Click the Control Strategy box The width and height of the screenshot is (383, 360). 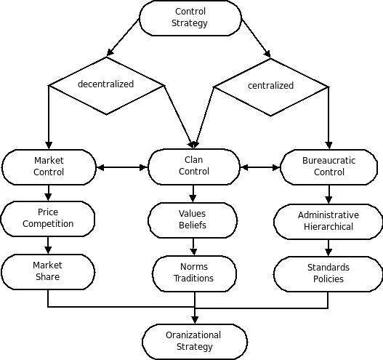pos(190,18)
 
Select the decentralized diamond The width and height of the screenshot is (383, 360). pos(106,86)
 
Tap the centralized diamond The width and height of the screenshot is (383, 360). pos(271,87)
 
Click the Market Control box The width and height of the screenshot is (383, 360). pos(49,167)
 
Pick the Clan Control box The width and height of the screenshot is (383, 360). pos(194,167)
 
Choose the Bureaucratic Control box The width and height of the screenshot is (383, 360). pos(328,167)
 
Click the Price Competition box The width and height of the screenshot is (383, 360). pos(48,219)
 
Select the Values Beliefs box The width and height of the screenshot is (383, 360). pos(193,220)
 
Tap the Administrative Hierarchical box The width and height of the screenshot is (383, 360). pos(328,222)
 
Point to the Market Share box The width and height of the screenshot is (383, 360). pos(48,272)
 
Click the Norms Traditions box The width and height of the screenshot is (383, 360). pos(194,273)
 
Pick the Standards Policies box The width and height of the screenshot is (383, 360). pos(328,274)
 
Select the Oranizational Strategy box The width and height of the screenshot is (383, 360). pos(195,342)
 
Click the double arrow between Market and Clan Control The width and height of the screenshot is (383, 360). pos(122,167)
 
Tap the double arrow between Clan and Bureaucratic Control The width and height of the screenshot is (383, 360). pos(260,167)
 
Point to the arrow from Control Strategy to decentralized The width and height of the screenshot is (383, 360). pos(123,37)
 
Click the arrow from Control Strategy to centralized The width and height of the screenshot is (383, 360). pos(256,38)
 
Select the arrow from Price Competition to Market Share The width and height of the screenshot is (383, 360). pos(48,245)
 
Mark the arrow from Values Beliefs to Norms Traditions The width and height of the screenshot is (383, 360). pos(193,247)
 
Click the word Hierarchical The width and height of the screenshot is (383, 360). pos(328,227)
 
